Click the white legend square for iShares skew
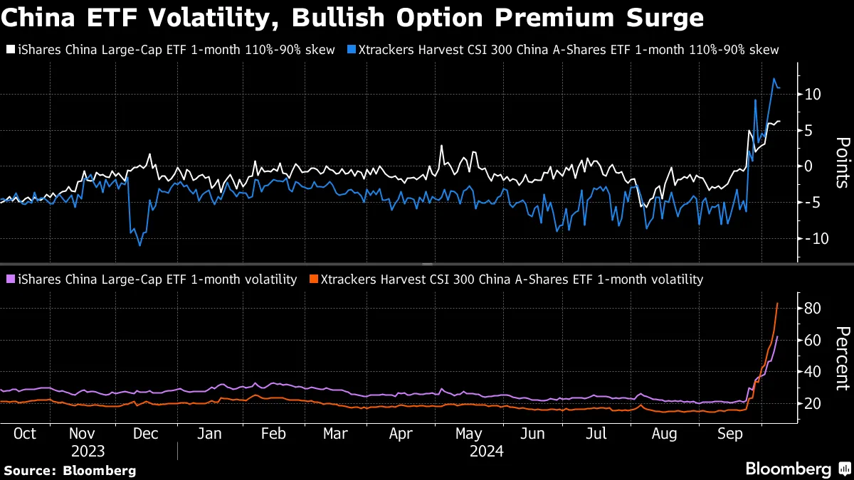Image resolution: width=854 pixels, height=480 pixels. tap(9, 50)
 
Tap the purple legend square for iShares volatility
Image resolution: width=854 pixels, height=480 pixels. tap(9, 279)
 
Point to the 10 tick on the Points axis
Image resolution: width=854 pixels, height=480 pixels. tap(813, 95)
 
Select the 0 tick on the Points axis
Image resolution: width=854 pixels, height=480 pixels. tap(809, 166)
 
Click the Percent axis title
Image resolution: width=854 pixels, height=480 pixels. tap(841, 358)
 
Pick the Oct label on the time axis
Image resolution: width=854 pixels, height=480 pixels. tap(24, 433)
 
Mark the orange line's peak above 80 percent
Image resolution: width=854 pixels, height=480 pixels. tap(777, 303)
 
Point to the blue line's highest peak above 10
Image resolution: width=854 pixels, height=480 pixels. tap(774, 79)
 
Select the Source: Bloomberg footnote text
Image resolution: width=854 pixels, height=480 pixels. tap(70, 470)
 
